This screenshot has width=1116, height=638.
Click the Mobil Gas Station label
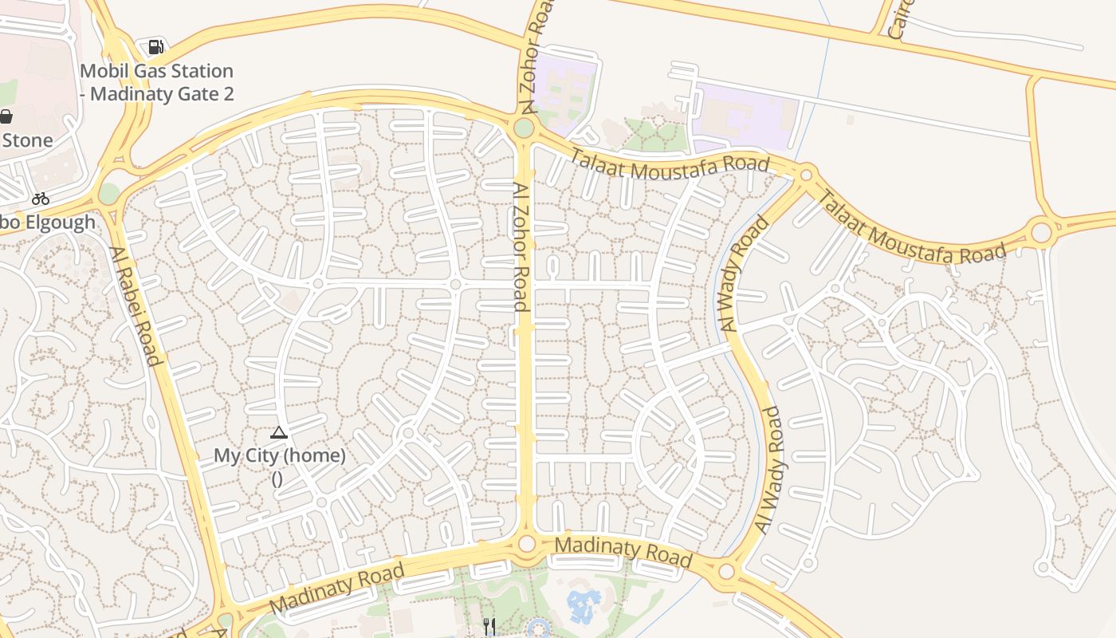pyautogui.click(x=156, y=82)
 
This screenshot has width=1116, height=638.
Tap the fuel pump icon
pyautogui.click(x=156, y=48)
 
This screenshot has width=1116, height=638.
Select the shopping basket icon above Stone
pyautogui.click(x=6, y=117)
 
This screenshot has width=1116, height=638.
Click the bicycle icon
pyautogui.click(x=41, y=199)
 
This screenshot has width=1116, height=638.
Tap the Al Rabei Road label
pyautogui.click(x=136, y=305)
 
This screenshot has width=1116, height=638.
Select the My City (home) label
pyautogui.click(x=279, y=456)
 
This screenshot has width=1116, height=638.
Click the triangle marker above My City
pyautogui.click(x=278, y=433)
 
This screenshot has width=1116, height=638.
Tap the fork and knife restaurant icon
pyautogui.click(x=489, y=627)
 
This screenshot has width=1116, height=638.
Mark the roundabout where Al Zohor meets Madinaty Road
pyautogui.click(x=526, y=544)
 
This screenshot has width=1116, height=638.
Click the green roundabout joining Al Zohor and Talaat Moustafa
pyautogui.click(x=524, y=128)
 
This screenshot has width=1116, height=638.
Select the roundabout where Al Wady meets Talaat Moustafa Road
pyautogui.click(x=806, y=174)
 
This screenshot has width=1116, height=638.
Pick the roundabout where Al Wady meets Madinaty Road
pyautogui.click(x=725, y=571)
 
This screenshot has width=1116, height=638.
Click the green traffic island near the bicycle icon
pyautogui.click(x=108, y=194)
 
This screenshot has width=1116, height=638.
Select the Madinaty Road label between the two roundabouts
pyautogui.click(x=623, y=552)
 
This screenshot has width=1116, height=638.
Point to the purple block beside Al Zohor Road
pyautogui.click(x=566, y=88)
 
